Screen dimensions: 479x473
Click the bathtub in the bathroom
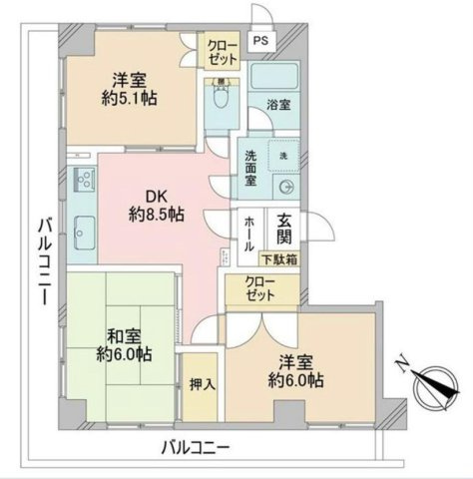(x=274, y=77)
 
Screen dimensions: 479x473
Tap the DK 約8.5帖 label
(x=155, y=204)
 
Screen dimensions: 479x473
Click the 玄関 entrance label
(x=284, y=229)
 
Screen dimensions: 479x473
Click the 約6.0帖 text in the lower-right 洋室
(x=295, y=382)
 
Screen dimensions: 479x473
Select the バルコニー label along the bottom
(x=197, y=446)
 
